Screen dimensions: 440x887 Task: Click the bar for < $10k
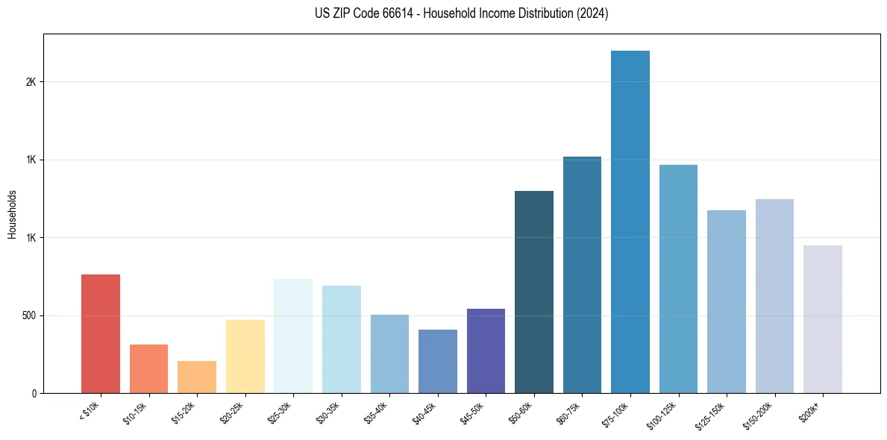(101, 333)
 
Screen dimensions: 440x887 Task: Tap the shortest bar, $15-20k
(197, 377)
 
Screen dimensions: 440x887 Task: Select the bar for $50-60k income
(534, 292)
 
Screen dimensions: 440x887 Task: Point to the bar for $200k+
(823, 318)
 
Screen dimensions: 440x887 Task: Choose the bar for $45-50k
(486, 351)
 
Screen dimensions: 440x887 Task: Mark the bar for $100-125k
(678, 278)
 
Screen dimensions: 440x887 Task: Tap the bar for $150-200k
(774, 295)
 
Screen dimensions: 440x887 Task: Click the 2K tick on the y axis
(31, 82)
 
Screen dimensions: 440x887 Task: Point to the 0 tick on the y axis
(34, 393)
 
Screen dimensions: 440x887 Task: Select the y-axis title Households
(12, 213)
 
